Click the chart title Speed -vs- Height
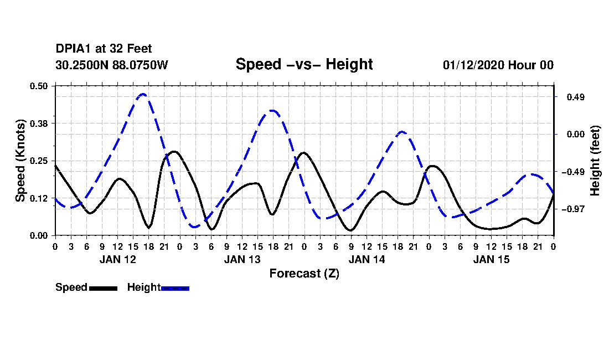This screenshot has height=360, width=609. pyautogui.click(x=304, y=64)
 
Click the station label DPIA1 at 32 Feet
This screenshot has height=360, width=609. pyautogui.click(x=104, y=49)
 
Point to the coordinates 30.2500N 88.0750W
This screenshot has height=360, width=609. pyautogui.click(x=112, y=65)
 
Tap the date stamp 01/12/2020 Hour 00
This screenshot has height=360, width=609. pyautogui.click(x=498, y=65)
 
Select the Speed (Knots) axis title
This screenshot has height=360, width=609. pyautogui.click(x=20, y=161)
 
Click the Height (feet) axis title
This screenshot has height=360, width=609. pyautogui.click(x=595, y=161)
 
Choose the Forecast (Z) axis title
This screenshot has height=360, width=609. pyautogui.click(x=304, y=274)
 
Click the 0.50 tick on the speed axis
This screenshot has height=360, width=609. pyautogui.click(x=39, y=86)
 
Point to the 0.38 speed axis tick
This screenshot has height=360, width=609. pyautogui.click(x=39, y=124)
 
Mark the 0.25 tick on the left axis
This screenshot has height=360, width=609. pyautogui.click(x=39, y=161)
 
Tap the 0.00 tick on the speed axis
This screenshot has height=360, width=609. pyautogui.click(x=39, y=236)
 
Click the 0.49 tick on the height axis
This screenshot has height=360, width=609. pyautogui.click(x=576, y=97)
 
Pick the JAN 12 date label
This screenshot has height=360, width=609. pyautogui.click(x=118, y=259)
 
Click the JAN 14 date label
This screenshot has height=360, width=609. pyautogui.click(x=367, y=259)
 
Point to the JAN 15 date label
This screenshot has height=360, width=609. pyautogui.click(x=491, y=259)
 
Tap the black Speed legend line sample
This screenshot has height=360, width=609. pyautogui.click(x=103, y=288)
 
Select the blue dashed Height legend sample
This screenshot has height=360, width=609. pyautogui.click(x=175, y=288)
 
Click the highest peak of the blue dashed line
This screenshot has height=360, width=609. pyautogui.click(x=142, y=94)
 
